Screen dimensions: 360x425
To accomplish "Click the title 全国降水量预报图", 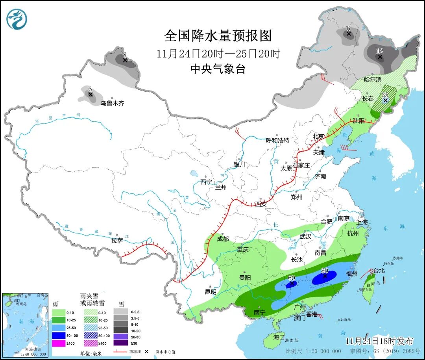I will click(218, 36).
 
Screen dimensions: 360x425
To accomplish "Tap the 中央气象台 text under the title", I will click(218, 69).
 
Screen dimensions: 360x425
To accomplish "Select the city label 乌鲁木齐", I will click(112, 103).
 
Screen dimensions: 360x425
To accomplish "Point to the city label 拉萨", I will click(117, 240).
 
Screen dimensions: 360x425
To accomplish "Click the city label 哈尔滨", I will click(373, 79).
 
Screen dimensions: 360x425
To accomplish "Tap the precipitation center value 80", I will click(325, 271).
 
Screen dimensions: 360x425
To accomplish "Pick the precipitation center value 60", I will click(292, 278).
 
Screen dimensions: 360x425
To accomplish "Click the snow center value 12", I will click(380, 51).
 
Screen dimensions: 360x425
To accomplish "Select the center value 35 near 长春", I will click(385, 95).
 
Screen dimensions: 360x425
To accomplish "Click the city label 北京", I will click(318, 136).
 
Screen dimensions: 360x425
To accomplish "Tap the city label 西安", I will click(261, 204).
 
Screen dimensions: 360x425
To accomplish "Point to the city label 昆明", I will click(211, 292).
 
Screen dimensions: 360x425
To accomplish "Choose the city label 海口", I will click(279, 337).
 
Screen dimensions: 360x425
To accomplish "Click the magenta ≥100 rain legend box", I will click(59, 343).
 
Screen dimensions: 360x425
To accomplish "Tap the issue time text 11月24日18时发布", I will click(379, 341).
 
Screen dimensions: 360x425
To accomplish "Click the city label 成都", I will click(222, 239).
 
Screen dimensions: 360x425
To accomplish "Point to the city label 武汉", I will click(305, 236).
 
